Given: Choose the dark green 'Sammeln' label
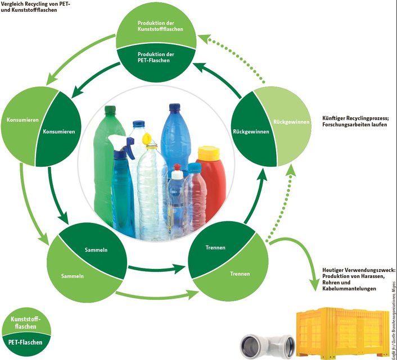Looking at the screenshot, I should coord(96,249).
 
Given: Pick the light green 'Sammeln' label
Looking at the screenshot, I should coord(73,276).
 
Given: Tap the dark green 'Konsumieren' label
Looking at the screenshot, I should coord(59,131).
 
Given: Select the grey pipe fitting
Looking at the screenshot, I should coord(267,344).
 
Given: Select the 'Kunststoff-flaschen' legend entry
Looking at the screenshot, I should coord(29,322).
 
